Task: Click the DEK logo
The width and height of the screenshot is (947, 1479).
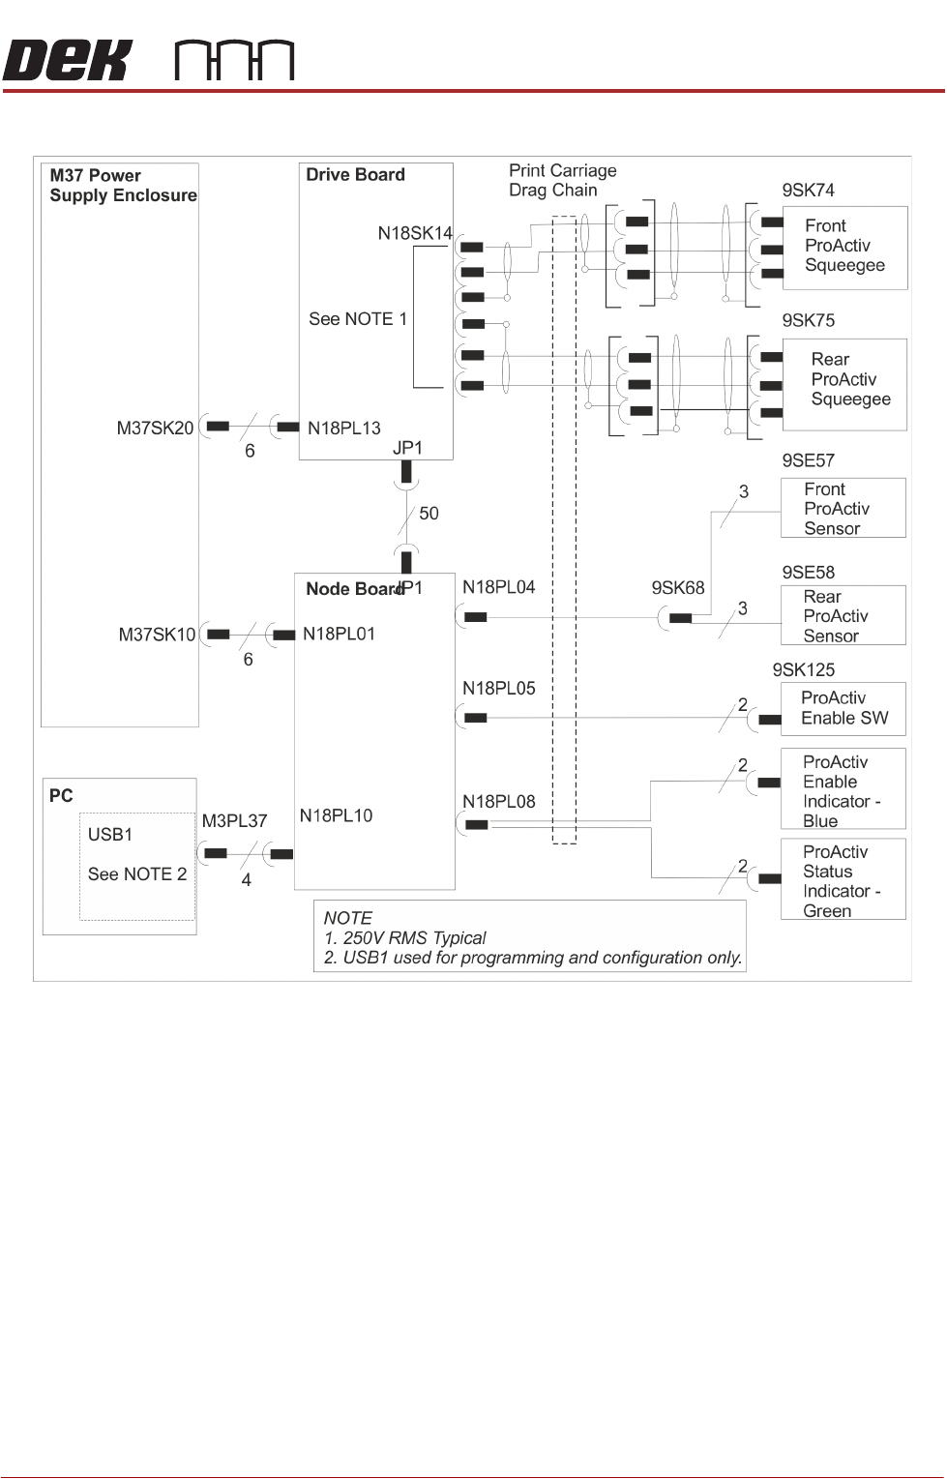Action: tap(66, 61)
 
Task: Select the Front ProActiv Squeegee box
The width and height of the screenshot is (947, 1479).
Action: tap(844, 247)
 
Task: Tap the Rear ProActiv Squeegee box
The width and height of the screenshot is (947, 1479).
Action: tap(844, 383)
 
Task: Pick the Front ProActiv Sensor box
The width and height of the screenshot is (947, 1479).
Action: tap(843, 508)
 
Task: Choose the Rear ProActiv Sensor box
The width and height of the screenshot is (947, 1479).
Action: tap(843, 615)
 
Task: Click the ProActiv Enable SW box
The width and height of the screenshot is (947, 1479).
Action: tap(843, 708)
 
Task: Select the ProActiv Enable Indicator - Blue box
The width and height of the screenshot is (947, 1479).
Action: tap(843, 789)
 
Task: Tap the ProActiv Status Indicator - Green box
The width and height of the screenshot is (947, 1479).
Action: tap(843, 879)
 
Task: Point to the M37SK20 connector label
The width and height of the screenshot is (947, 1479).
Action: tap(156, 428)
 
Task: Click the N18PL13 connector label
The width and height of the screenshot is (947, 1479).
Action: tap(344, 428)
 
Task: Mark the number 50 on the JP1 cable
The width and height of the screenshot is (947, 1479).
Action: tap(429, 514)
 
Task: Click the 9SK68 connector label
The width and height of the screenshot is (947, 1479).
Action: tap(678, 588)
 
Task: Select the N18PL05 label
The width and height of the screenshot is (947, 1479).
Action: tap(498, 689)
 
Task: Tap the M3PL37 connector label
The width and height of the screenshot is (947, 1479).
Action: tap(234, 821)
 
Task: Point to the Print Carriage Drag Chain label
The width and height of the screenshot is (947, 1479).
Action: tap(562, 180)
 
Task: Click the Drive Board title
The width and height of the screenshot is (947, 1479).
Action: tap(355, 175)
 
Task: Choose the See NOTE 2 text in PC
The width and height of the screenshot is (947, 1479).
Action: tap(136, 874)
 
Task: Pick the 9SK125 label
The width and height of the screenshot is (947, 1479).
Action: tap(803, 669)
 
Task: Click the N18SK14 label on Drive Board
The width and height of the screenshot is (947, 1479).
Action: tap(415, 233)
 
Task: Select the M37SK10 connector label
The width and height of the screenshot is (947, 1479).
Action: tap(157, 635)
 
